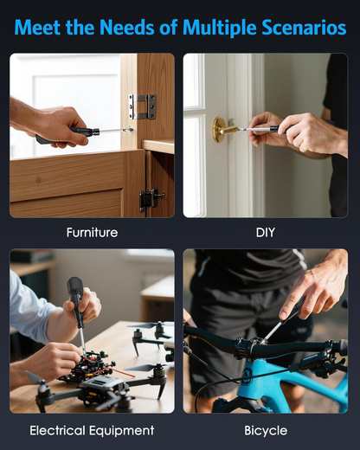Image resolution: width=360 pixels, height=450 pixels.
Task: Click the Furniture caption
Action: (92, 233)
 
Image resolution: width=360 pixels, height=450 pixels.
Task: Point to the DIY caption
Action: (265, 233)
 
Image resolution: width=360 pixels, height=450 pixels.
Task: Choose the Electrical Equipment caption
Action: (92, 430)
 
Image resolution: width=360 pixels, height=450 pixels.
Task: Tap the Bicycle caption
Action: (265, 430)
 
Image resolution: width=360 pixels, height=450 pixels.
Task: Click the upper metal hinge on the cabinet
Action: (143, 106)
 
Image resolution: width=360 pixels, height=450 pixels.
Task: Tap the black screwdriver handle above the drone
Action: (76, 294)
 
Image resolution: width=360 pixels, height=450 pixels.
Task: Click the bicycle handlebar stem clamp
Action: (253, 347)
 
